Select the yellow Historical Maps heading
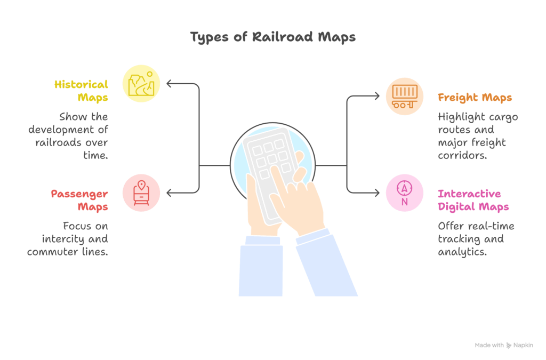pyautogui.click(x=82, y=91)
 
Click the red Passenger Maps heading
pyautogui.click(x=80, y=200)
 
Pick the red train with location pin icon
pyautogui.click(x=141, y=193)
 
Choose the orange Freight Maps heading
pyautogui.click(x=475, y=98)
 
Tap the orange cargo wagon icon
pyautogui.click(x=405, y=96)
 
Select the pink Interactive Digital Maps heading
pyautogui.click(x=473, y=200)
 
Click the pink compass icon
pyautogui.click(x=405, y=193)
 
